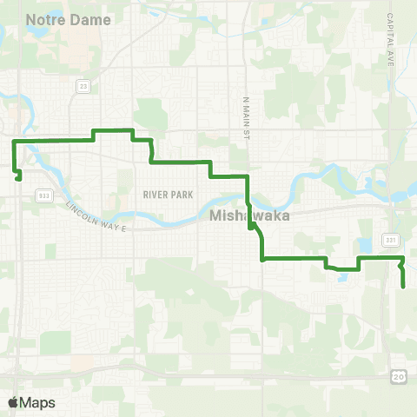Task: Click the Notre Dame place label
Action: tap(69, 19)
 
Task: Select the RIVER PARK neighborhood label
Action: tap(167, 195)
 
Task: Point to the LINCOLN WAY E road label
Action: tap(96, 216)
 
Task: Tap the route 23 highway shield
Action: tap(83, 86)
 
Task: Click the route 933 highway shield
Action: tap(44, 196)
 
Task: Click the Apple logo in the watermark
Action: tap(13, 402)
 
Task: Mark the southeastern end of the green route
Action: tap(403, 287)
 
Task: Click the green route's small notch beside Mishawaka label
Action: tap(251, 227)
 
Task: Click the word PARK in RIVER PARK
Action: tap(181, 195)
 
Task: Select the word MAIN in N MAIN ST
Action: tap(246, 108)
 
